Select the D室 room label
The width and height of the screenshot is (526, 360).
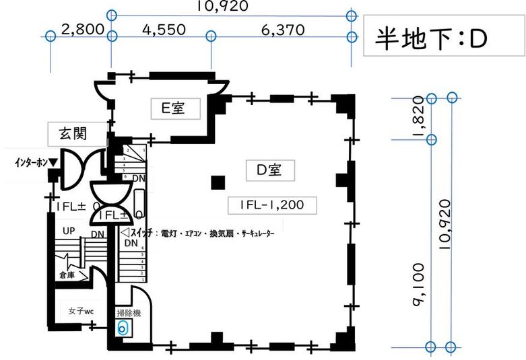pyautogui.click(x=265, y=170)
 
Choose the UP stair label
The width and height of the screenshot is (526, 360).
pyautogui.click(x=69, y=231)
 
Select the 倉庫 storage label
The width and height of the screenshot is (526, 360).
pyautogui.click(x=67, y=275)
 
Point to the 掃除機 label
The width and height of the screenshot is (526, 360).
pyautogui.click(x=129, y=312)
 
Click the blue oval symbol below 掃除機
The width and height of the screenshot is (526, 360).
pyautogui.click(x=122, y=328)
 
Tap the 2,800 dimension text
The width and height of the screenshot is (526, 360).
pyautogui.click(x=81, y=30)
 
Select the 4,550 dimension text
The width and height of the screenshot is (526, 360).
pyautogui.click(x=162, y=30)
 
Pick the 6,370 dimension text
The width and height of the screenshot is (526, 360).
pyautogui.click(x=281, y=30)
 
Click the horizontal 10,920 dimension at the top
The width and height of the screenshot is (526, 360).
pyautogui.click(x=222, y=7)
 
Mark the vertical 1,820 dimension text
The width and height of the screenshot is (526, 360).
pyautogui.click(x=423, y=119)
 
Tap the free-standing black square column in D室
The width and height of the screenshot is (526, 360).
pyautogui.click(x=217, y=182)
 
